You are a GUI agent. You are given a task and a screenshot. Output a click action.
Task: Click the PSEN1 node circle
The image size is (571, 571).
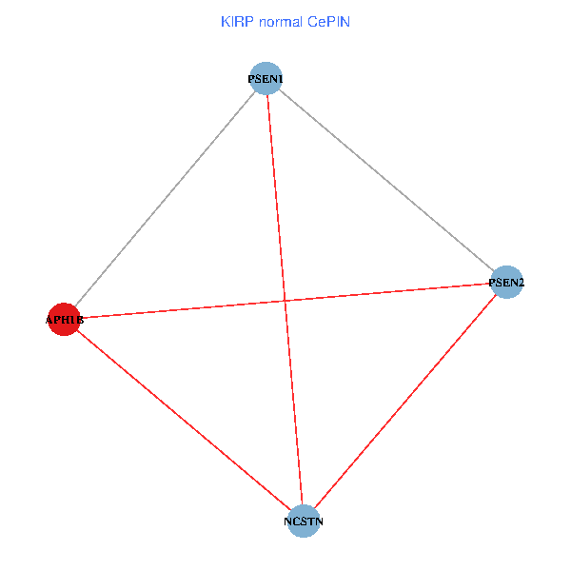point(266,78)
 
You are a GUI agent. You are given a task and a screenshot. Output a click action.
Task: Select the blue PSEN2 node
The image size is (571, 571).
point(506,282)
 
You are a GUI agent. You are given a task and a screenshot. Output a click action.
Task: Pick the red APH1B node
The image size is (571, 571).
point(64,320)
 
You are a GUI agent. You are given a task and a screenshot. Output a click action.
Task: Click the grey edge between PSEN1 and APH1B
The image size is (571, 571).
point(165,199)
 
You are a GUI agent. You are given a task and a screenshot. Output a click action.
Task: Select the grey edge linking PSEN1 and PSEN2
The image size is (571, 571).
point(386,180)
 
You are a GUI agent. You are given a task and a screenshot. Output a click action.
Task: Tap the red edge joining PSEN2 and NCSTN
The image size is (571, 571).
point(404,402)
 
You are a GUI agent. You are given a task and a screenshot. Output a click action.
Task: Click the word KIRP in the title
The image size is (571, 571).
point(234,21)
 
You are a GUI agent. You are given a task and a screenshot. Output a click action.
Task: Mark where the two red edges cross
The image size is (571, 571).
point(284,301)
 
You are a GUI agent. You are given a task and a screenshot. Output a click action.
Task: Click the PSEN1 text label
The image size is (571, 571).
point(266,78)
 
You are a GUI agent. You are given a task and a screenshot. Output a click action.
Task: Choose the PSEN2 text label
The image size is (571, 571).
point(506,282)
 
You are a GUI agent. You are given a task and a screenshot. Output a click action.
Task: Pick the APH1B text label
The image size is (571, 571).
point(65,321)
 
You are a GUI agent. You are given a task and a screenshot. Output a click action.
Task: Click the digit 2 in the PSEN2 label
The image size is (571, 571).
point(521,282)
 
